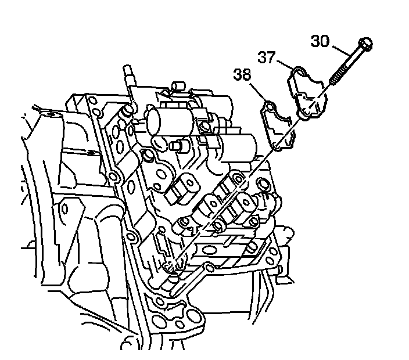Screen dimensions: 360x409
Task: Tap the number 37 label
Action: pos(267,57)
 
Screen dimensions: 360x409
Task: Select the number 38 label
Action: pos(243,75)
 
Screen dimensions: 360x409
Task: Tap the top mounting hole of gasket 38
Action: pos(269,107)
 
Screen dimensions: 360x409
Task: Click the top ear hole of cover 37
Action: pos(298,72)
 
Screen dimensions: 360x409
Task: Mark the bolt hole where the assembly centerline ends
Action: pos(168,268)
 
